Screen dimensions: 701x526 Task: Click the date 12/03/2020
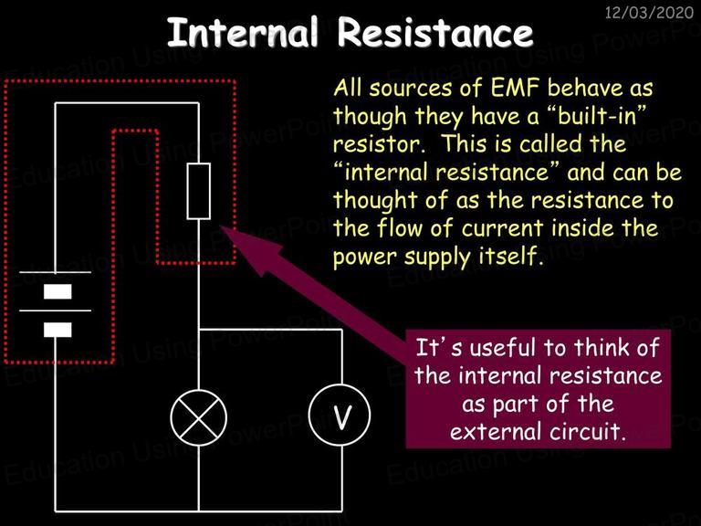tap(649, 12)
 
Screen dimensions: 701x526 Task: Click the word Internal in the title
tap(242, 32)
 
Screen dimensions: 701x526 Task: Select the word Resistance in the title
tap(435, 32)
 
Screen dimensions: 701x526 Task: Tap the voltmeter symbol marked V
tap(340, 415)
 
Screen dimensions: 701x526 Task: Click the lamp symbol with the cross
tap(198, 417)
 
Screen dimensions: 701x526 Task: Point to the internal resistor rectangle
tap(198, 191)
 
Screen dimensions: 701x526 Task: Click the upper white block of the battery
tap(58, 291)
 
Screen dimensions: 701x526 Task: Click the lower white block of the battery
tap(58, 330)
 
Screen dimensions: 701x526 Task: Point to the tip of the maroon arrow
tap(221, 226)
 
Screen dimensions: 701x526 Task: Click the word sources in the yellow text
tap(410, 89)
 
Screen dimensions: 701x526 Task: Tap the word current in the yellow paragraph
tap(502, 228)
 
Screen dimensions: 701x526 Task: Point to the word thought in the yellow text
tap(375, 200)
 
